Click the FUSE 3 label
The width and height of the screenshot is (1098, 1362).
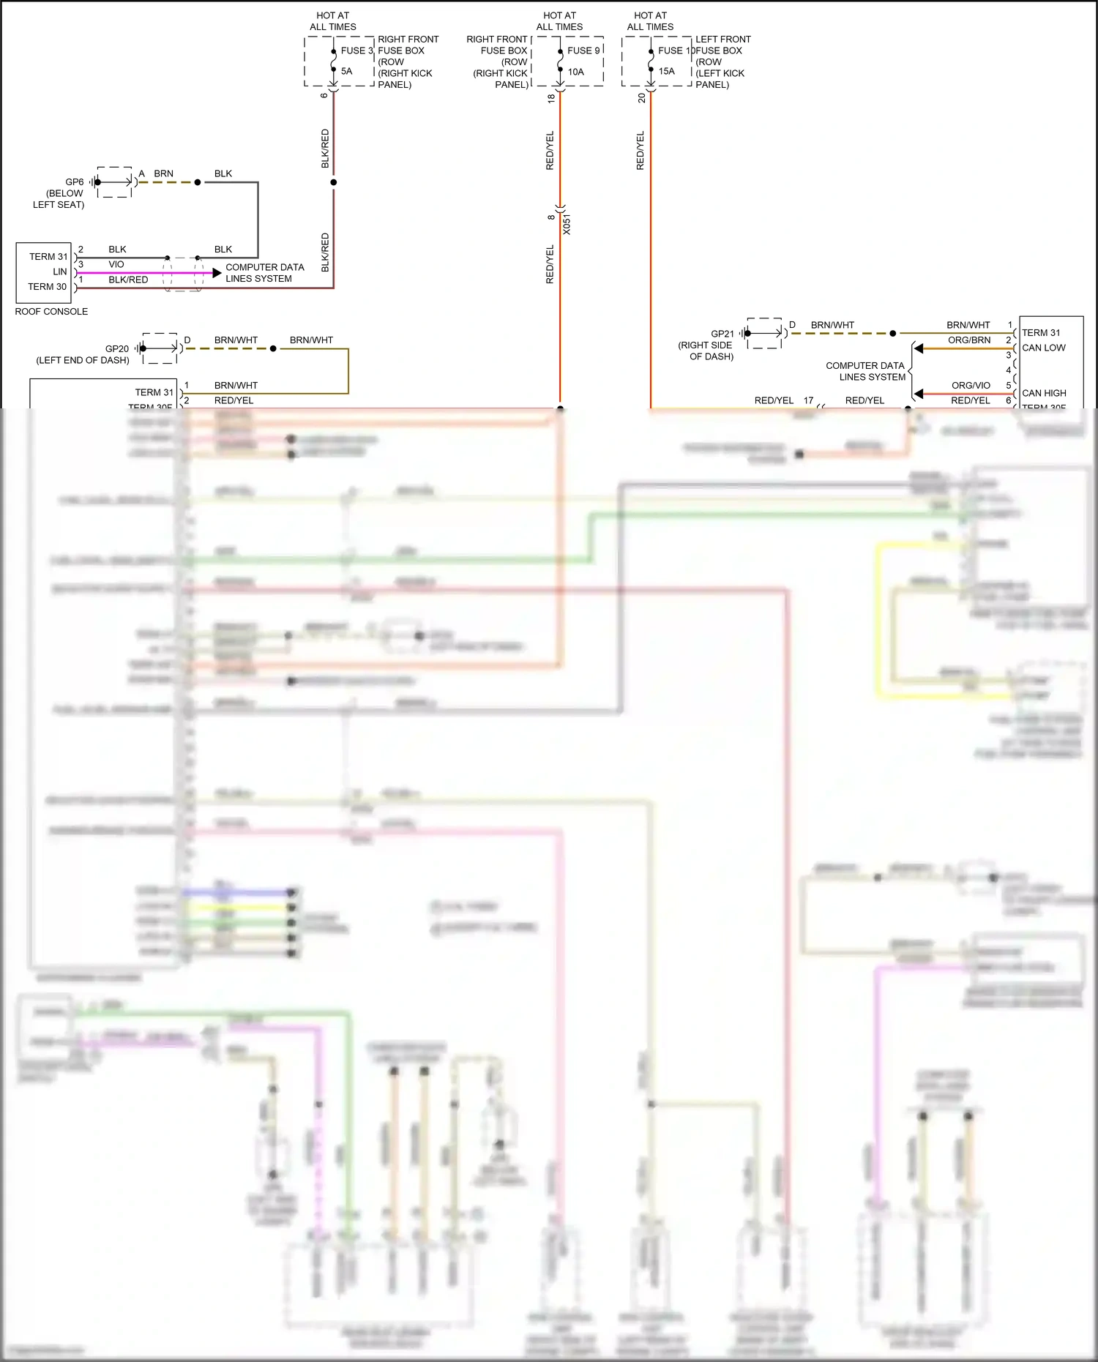[356, 50]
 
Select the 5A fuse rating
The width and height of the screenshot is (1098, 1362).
[346, 71]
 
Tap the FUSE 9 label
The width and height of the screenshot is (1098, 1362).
[583, 50]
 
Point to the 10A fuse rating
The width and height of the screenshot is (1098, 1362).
[575, 72]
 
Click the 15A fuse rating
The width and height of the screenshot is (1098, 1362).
[666, 71]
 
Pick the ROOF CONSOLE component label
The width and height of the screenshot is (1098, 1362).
[51, 311]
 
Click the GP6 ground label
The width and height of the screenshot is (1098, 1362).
[75, 182]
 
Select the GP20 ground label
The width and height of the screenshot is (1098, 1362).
[117, 348]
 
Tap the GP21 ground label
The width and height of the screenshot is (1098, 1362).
[722, 334]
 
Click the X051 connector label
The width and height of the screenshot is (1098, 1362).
[567, 225]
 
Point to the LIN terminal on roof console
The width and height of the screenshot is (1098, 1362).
[59, 272]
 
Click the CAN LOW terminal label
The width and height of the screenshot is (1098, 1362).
[1043, 348]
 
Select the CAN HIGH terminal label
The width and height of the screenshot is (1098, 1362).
[1044, 393]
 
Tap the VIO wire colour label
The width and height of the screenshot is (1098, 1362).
[116, 264]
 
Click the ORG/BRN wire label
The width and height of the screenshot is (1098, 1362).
[969, 340]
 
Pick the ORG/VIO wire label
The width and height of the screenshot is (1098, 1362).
[971, 386]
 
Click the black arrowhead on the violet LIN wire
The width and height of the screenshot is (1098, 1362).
[217, 273]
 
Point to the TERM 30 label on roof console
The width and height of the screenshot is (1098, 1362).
[47, 286]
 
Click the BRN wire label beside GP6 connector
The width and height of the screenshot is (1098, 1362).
[163, 173]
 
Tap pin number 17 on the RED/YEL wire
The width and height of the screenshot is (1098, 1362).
[808, 400]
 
